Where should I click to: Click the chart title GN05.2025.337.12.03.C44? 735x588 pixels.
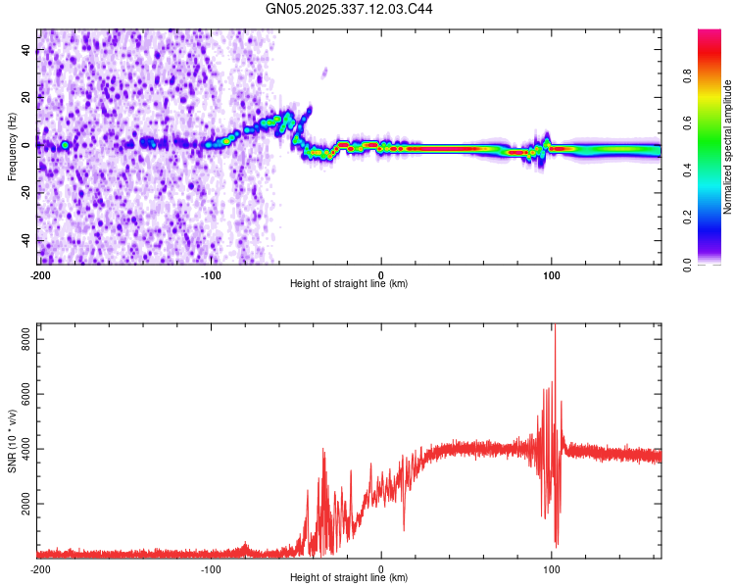351,9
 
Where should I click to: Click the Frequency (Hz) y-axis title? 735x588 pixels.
12,147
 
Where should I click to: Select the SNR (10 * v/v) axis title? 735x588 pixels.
12,441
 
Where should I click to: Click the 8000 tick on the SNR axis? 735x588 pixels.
22,337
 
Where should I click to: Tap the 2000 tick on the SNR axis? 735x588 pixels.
22,504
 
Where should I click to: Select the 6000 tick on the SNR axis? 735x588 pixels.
22,393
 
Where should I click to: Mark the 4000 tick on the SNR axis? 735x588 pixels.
22,449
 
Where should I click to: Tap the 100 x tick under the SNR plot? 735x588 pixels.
552,569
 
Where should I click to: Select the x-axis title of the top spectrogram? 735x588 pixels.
349,284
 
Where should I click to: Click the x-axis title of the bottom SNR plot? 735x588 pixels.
349,578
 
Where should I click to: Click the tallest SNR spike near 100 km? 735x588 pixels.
555,328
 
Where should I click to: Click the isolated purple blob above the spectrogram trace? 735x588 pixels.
324,71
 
